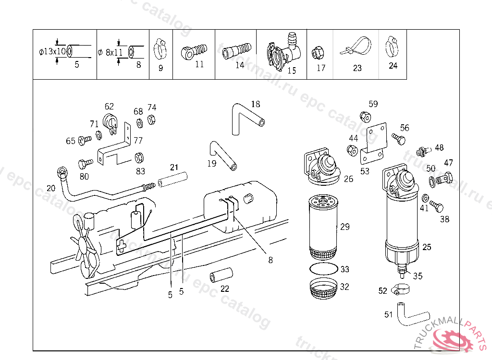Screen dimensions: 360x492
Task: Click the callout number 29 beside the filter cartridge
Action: tap(345, 227)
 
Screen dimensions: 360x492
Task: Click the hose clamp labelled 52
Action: tap(399, 289)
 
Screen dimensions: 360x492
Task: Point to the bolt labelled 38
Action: tap(436, 206)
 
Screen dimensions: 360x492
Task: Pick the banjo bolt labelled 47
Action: tap(446, 178)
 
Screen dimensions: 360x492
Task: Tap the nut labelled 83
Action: tap(140, 157)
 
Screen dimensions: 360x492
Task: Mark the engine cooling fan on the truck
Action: tap(86, 245)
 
